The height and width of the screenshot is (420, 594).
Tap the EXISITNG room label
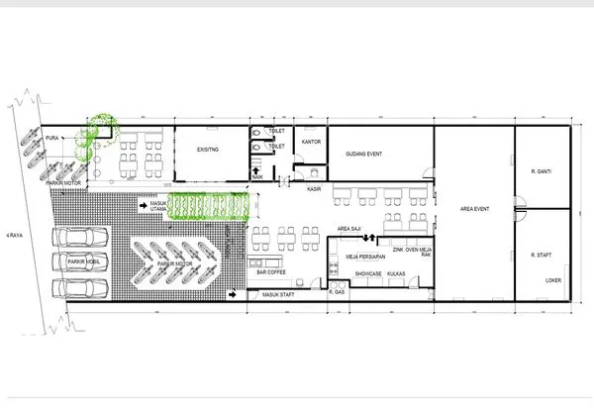coord(207,149)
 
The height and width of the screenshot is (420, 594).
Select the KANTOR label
coord(312,141)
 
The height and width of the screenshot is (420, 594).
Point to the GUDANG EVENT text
coord(362,154)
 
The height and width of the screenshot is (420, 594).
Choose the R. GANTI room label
coord(540,168)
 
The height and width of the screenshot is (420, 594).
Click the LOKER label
coord(552,278)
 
